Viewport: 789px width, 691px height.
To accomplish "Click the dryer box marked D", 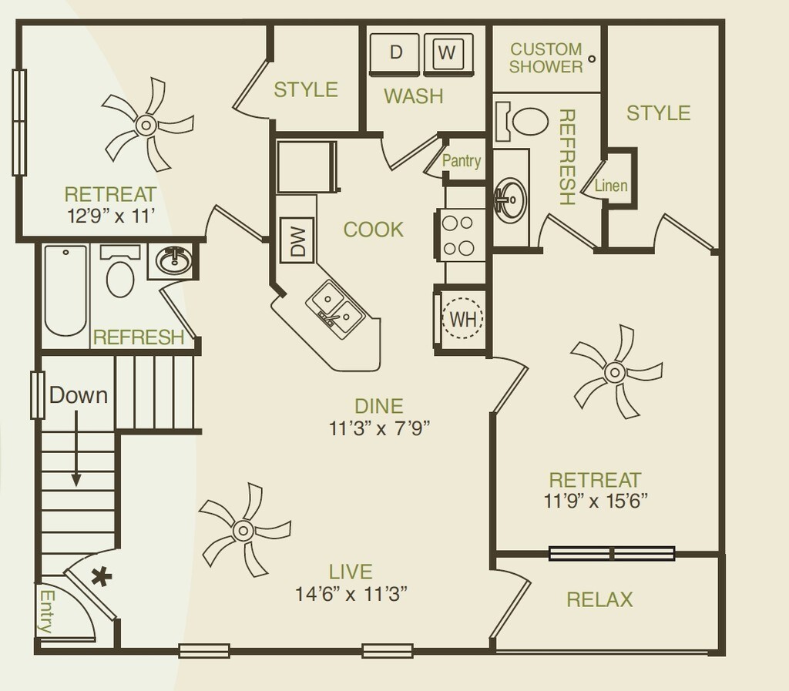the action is click(396, 53).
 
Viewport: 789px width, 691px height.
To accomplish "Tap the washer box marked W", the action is click(445, 53).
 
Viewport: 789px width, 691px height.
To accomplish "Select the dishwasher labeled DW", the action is click(298, 240).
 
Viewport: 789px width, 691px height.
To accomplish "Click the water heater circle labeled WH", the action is click(462, 318).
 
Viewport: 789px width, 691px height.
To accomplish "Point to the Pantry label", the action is click(462, 161).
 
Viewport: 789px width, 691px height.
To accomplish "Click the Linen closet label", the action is click(611, 186).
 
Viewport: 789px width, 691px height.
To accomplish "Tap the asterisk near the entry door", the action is click(99, 576).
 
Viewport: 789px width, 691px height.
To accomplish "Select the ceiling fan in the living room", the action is click(243, 530).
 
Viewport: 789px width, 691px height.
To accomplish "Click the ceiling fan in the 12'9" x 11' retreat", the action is click(146, 124).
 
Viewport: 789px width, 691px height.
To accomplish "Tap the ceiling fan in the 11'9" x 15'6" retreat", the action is click(614, 372).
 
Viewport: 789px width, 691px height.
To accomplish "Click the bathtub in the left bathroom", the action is click(65, 292).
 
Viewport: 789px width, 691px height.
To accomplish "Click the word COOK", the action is click(373, 230).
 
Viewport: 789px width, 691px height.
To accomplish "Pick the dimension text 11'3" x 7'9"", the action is click(379, 429).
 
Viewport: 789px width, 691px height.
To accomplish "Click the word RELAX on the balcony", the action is click(599, 599).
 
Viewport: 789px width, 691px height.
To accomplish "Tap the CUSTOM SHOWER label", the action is click(546, 59).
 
